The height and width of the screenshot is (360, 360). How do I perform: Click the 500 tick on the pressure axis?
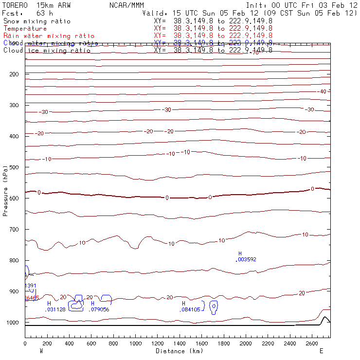(24, 167)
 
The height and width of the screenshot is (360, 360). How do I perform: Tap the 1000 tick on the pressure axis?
(24, 323)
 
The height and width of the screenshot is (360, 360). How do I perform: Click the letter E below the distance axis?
(321, 351)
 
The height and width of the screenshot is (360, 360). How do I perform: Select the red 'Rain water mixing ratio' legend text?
(49, 36)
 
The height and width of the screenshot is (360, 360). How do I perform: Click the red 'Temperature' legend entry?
(25, 29)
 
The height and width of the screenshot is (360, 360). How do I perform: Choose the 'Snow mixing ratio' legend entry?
(37, 21)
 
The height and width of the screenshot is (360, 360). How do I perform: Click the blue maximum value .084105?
(190, 309)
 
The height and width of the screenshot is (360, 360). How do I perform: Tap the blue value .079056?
(100, 309)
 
